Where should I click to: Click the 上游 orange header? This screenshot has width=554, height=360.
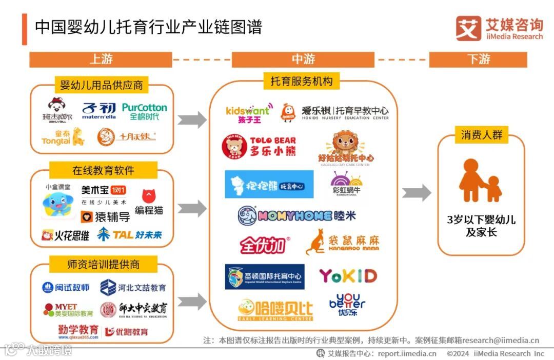click(x=101, y=59)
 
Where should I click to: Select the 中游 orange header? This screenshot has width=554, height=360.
click(x=303, y=59)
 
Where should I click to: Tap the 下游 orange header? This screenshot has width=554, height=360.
click(x=478, y=59)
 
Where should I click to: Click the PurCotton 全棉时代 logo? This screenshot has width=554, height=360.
click(x=144, y=112)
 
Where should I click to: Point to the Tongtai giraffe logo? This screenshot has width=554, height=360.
click(x=63, y=137)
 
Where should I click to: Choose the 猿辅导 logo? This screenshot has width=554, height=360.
click(x=105, y=217)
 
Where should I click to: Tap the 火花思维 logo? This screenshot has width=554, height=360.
click(x=65, y=235)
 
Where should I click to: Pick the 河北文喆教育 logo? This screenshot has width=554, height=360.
click(x=133, y=288)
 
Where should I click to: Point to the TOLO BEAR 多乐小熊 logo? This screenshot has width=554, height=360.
click(x=259, y=146)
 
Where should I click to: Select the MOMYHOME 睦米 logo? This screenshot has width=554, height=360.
click(x=296, y=216)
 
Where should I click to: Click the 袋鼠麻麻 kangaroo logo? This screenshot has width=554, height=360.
click(x=342, y=242)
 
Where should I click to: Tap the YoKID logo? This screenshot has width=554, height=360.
click(x=348, y=276)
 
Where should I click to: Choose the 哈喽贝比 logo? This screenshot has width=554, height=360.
click(x=275, y=310)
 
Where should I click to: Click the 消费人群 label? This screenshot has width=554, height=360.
click(x=481, y=135)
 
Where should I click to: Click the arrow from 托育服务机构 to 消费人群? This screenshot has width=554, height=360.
click(x=416, y=193)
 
